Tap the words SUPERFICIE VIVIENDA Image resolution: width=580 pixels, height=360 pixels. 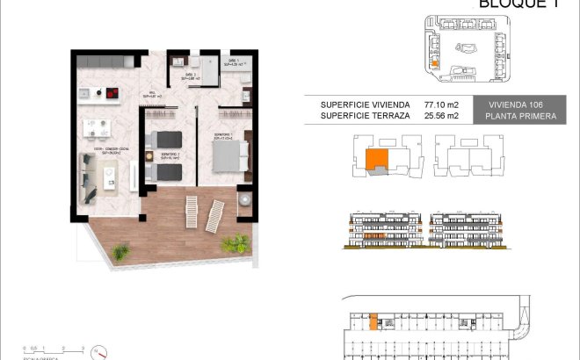(x=359, y=103)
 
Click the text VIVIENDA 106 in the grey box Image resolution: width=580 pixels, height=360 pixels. (x=515, y=103)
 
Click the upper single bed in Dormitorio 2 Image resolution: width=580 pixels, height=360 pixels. (x=166, y=140)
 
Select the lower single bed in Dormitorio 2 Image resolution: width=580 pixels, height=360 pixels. (x=166, y=169)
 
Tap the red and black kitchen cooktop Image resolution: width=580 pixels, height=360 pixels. (x=111, y=91)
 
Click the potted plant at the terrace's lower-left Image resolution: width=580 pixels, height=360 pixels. (x=121, y=252)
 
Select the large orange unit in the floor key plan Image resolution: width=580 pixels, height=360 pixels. (x=375, y=159)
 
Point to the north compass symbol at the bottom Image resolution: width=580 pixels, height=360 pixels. (x=102, y=353)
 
